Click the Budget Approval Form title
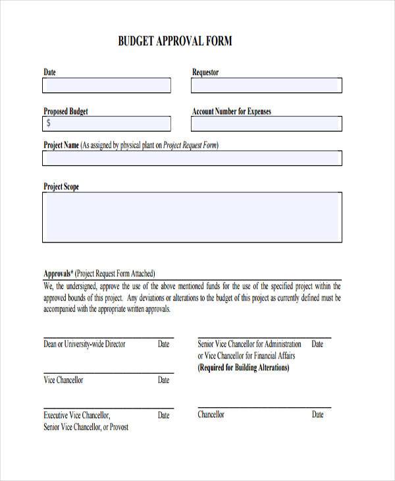click(x=175, y=41)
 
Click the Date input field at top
click(x=107, y=86)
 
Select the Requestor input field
click(x=266, y=86)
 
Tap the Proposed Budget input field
click(x=107, y=124)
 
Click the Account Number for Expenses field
click(x=266, y=124)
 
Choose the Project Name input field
click(x=192, y=158)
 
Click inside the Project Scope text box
click(x=192, y=217)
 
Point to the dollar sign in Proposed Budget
click(x=49, y=123)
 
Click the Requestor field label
click(x=205, y=72)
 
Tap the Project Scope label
click(x=61, y=186)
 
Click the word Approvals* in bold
click(x=58, y=273)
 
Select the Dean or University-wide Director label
click(x=84, y=344)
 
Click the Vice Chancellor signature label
click(x=63, y=380)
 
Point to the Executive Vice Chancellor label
click(x=77, y=415)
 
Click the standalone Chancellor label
click(x=211, y=414)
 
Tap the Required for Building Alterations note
click(x=244, y=368)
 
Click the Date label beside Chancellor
click(x=317, y=414)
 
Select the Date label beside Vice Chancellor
click(x=163, y=380)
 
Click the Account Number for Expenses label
click(x=231, y=111)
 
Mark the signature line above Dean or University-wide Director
click(x=108, y=338)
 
